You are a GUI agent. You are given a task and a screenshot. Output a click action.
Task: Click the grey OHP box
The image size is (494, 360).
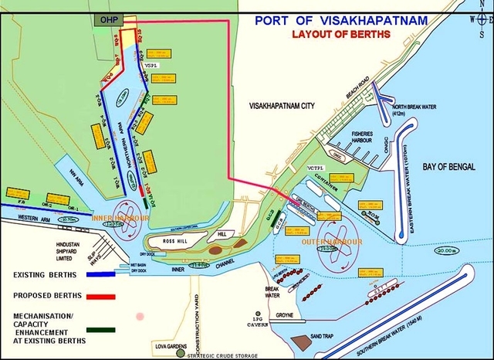tap(102, 20)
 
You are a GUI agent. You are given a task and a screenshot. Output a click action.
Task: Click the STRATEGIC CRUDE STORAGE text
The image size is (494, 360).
tap(223, 355)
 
